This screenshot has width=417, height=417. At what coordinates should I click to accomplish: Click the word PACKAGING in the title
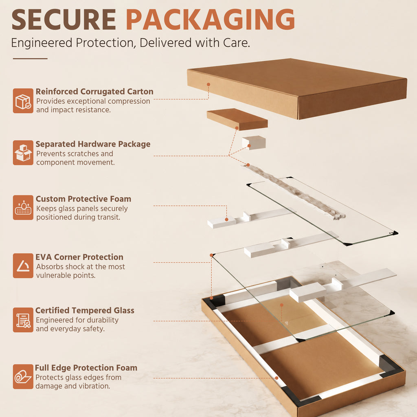point(211,20)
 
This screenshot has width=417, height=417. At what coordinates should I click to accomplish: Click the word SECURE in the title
point(64,20)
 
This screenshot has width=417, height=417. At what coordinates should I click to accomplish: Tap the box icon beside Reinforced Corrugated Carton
point(23,101)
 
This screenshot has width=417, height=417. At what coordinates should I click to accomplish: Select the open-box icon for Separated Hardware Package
point(23,153)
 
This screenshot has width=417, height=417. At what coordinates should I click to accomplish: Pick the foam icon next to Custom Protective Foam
point(23,207)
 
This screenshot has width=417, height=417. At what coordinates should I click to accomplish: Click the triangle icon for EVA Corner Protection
point(23,266)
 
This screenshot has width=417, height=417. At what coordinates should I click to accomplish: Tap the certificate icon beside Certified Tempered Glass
point(23,320)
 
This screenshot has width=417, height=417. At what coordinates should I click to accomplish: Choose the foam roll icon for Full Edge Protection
point(23,377)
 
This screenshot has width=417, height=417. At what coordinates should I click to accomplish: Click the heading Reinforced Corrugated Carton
point(94,92)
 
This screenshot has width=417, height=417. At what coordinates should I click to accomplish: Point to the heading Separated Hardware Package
point(93,144)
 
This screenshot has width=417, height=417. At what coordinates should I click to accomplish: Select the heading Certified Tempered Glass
point(85,310)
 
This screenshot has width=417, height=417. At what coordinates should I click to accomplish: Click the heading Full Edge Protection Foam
point(86,368)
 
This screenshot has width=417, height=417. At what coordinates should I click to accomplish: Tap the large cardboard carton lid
point(297,88)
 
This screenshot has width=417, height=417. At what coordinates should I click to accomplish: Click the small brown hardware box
point(237,119)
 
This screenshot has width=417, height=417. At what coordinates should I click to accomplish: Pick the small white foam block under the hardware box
point(254,142)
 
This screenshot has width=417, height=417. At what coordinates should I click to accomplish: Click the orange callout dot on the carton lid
point(208,84)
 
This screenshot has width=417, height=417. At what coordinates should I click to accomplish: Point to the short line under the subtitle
point(30,59)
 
